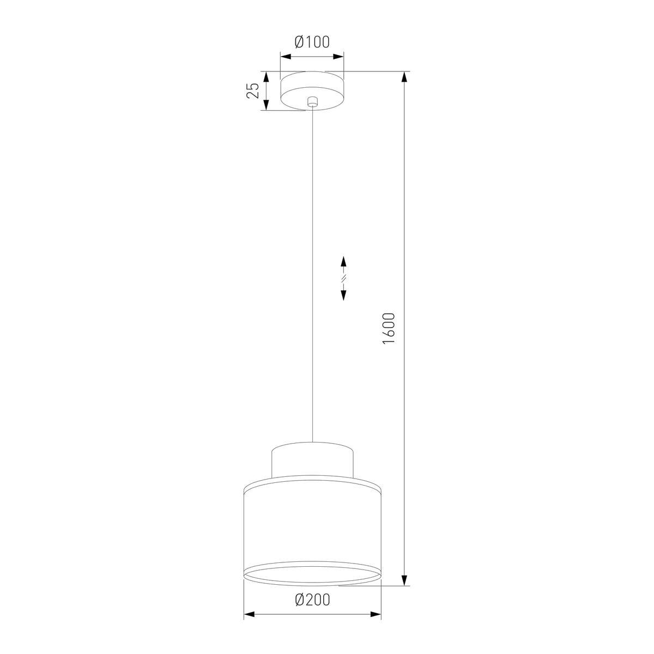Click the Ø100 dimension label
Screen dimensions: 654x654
click(x=312, y=42)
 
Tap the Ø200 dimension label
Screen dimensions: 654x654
click(x=312, y=600)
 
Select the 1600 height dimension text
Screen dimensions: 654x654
click(x=389, y=329)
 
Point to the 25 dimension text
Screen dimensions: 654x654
click(x=252, y=90)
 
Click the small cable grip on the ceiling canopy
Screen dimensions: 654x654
click(x=312, y=102)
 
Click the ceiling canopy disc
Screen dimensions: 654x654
click(x=312, y=90)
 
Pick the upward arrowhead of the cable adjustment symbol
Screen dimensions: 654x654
click(x=343, y=262)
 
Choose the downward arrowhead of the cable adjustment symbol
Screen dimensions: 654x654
click(x=343, y=295)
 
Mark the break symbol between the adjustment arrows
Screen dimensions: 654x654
click(x=343, y=278)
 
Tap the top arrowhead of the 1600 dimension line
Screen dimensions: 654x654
click(x=404, y=77)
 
